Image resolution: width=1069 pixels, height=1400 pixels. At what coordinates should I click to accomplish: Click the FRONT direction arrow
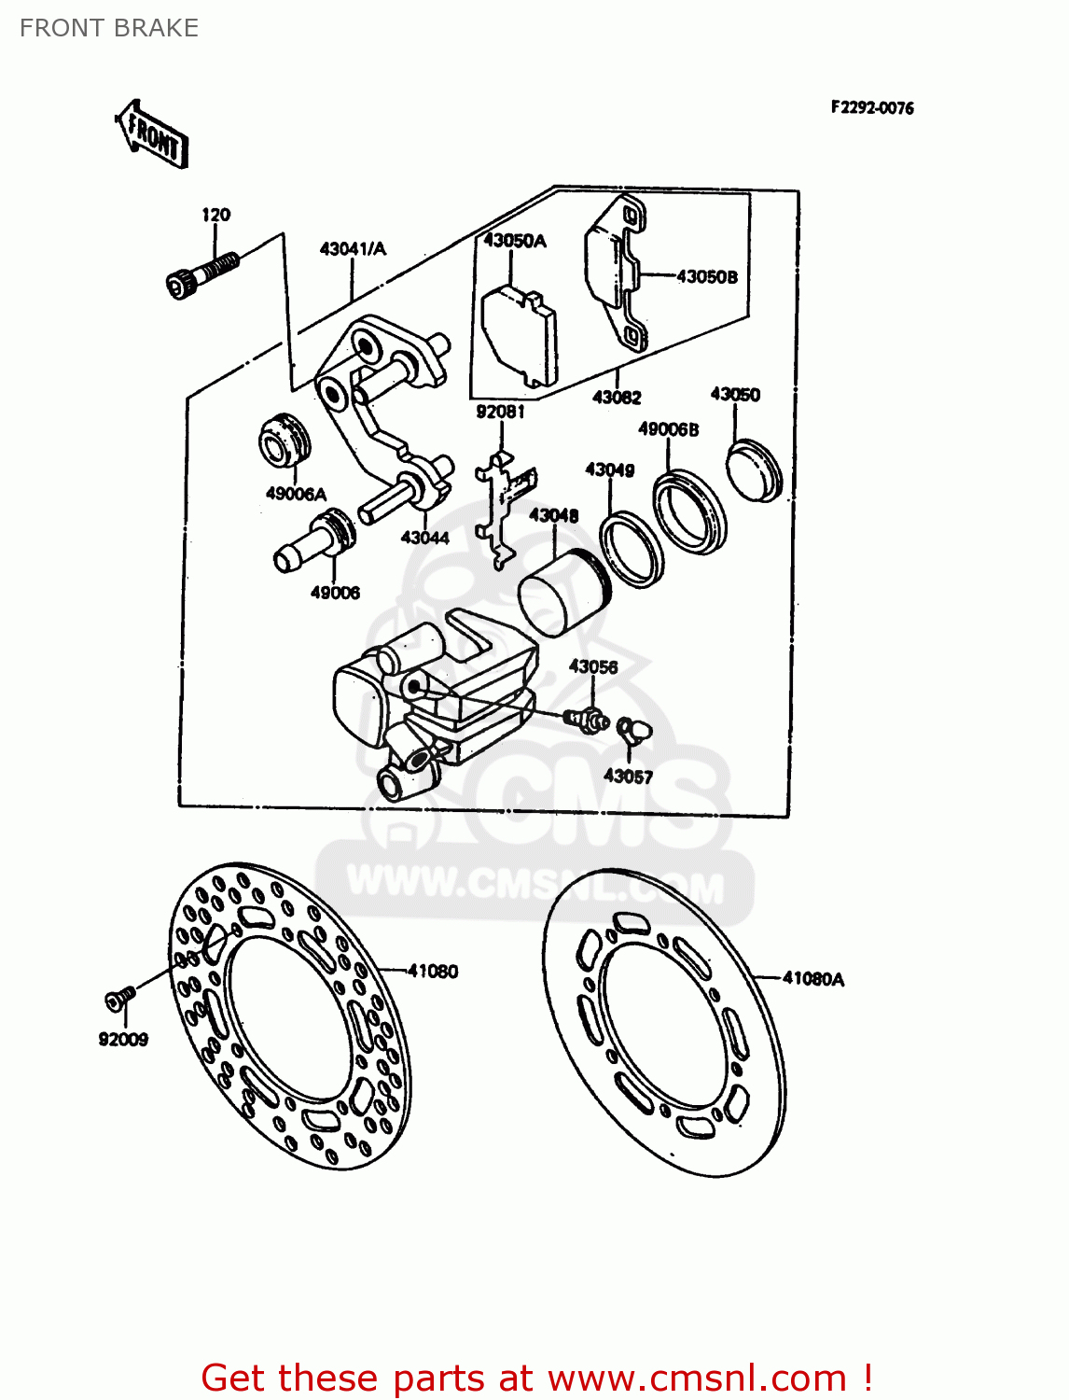point(152,134)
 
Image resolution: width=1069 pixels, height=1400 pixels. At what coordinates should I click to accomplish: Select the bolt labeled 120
point(200,274)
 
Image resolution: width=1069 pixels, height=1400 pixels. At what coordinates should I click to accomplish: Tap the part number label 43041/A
point(353,249)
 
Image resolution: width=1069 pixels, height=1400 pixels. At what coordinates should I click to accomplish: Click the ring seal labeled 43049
point(632,550)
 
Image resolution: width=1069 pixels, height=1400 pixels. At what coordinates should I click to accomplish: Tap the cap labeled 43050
point(754,473)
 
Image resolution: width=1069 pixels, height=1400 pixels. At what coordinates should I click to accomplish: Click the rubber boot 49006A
point(284,443)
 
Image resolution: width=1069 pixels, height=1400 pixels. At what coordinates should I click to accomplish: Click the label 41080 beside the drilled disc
point(433,972)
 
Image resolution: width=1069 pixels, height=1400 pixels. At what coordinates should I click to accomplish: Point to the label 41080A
point(813,979)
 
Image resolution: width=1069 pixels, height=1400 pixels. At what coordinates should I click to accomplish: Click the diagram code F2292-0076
point(872,108)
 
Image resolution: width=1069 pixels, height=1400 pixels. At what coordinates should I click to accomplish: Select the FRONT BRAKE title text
point(109,28)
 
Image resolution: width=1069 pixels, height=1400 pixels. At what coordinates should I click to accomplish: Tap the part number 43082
point(617,398)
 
